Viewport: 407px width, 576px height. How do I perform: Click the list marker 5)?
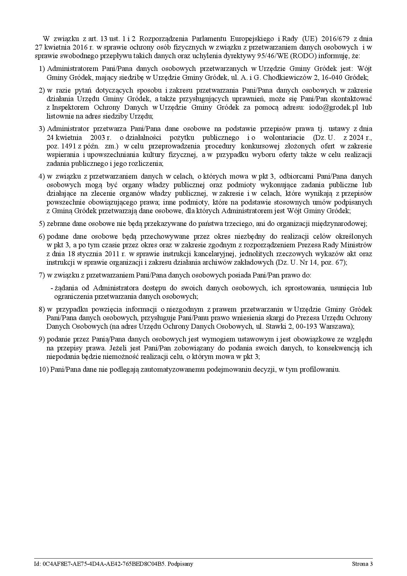coord(42,224)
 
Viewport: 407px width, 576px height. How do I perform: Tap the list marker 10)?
coord(44,369)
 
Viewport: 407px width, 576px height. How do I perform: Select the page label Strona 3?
coord(362,564)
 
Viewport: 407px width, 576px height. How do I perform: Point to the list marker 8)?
coord(42,309)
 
